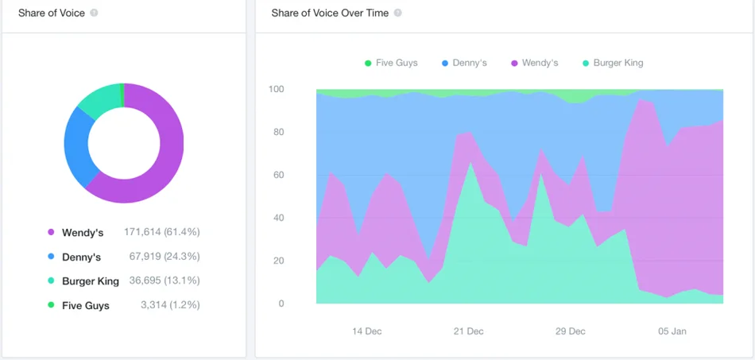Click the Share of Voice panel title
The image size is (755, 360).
pos(52,14)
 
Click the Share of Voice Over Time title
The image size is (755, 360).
pos(330,14)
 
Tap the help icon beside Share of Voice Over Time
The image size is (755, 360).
pos(397,14)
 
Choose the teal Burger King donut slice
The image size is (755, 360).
pos(99,99)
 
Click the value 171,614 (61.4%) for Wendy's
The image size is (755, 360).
pos(161,232)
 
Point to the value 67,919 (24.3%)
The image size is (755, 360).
pos(164,257)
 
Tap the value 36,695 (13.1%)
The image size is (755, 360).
pos(164,281)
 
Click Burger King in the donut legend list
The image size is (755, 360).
pos(90,281)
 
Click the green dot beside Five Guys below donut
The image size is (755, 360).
pos(52,305)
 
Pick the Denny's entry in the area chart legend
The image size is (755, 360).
pos(470,63)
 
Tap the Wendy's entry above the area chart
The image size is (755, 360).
pos(540,63)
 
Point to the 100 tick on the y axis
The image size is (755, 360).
pos(276,89)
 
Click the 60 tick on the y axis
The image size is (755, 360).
pos(278,175)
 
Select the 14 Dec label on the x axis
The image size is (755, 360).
pos(366,331)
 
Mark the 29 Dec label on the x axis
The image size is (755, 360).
pos(571,331)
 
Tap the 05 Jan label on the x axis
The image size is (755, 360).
pos(672,331)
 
